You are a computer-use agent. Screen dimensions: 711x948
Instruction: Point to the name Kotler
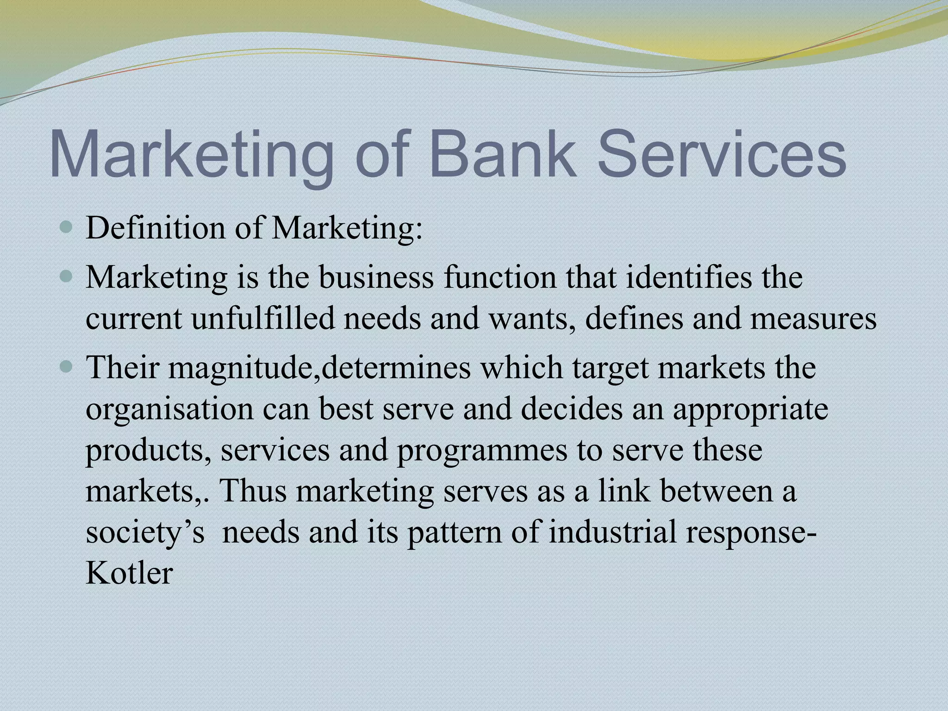click(129, 574)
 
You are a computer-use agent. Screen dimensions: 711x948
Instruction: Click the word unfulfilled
click(262, 319)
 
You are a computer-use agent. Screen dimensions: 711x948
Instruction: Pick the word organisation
click(169, 410)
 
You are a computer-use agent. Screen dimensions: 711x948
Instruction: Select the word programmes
click(482, 450)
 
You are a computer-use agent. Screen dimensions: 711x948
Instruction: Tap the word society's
click(145, 532)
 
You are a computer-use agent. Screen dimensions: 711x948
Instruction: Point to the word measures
click(813, 319)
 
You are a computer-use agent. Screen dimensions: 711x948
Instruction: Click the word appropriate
click(750, 410)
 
